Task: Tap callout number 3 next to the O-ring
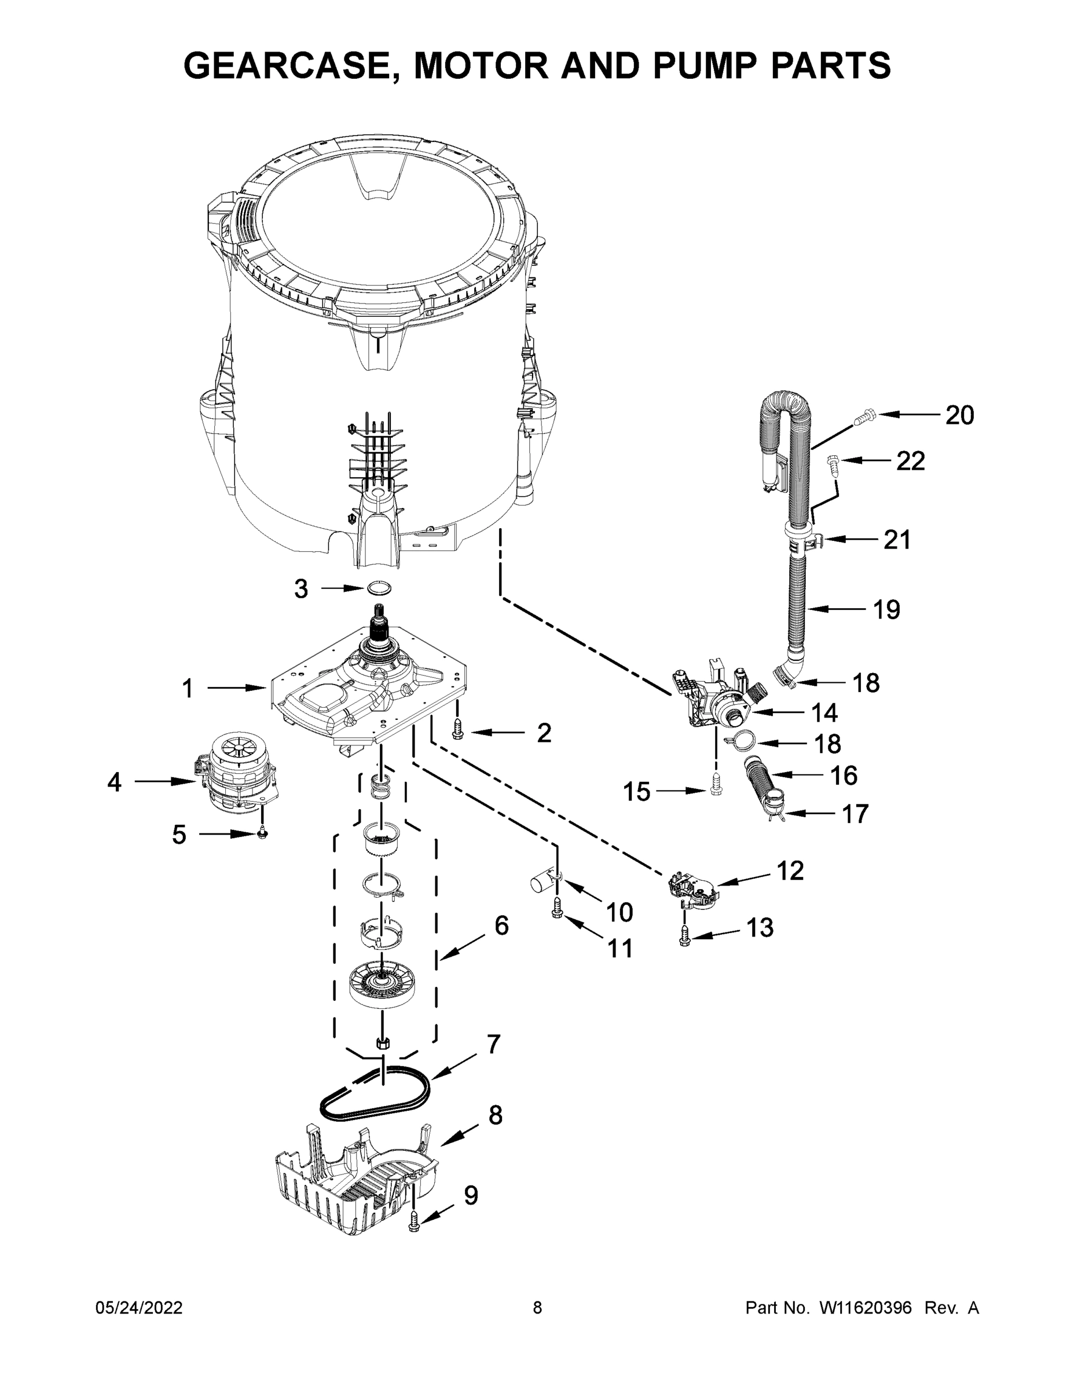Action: [x=301, y=590]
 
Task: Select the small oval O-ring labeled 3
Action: [x=379, y=588]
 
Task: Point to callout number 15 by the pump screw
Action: [x=636, y=792]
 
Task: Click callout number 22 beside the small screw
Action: [x=910, y=461]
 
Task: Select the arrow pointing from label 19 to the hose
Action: [x=837, y=609]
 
